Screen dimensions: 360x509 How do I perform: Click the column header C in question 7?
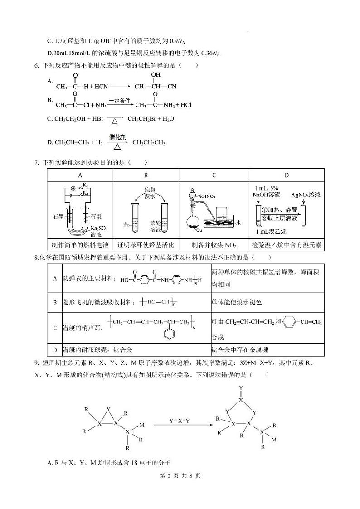pos(214,175)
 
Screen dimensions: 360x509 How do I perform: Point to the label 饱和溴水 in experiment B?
pos(146,190)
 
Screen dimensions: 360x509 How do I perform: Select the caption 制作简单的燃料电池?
pos(80,245)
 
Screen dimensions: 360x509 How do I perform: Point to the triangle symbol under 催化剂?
pos(117,147)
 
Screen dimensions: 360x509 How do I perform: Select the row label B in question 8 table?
pos(55,302)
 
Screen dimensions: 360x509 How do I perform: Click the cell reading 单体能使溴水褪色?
pos(237,302)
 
